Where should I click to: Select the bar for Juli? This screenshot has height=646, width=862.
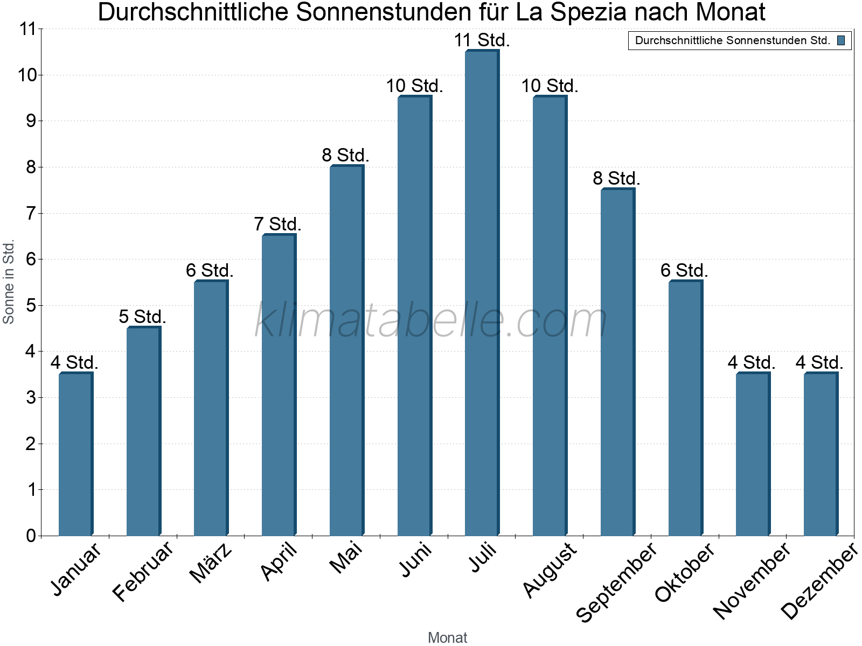[x=482, y=293]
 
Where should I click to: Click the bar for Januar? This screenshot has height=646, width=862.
[x=75, y=454]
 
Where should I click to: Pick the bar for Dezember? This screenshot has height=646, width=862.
[x=821, y=454]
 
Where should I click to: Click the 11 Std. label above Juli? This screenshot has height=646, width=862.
[x=482, y=40]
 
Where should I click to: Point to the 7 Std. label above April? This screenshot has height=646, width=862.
[x=277, y=224]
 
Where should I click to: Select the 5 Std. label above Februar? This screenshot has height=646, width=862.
[x=142, y=317]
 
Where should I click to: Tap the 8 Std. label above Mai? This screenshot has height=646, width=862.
[x=345, y=156]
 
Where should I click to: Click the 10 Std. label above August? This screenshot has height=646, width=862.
[x=550, y=86]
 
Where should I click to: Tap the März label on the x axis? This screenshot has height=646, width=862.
[x=211, y=563]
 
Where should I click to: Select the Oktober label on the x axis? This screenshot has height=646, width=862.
[x=685, y=572]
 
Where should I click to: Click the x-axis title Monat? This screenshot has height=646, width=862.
[x=447, y=638]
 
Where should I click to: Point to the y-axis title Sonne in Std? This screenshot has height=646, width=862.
[x=9, y=282]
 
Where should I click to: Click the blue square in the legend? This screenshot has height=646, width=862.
[x=841, y=40]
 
